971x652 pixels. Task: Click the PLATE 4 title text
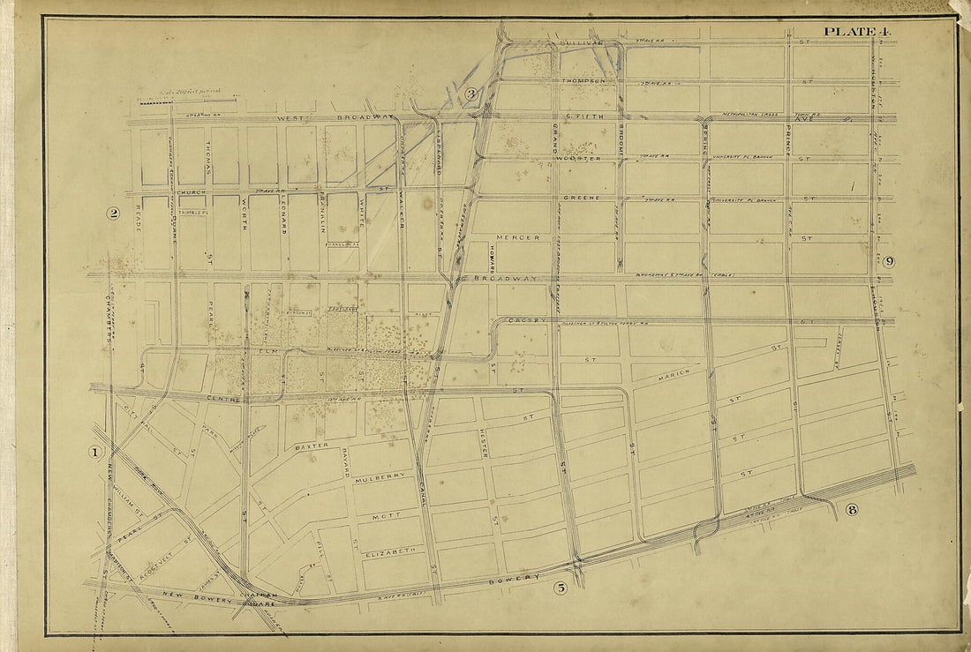pos(857,32)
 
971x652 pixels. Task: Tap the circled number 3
pos(471,94)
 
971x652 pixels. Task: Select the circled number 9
pos(888,261)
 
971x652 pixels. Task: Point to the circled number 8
pos(851,508)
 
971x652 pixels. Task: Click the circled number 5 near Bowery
pos(560,588)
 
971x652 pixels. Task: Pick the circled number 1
pos(95,453)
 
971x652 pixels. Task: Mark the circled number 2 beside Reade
pos(113,212)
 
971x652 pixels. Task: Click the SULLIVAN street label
pos(580,41)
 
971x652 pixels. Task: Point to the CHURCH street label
pos(190,191)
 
